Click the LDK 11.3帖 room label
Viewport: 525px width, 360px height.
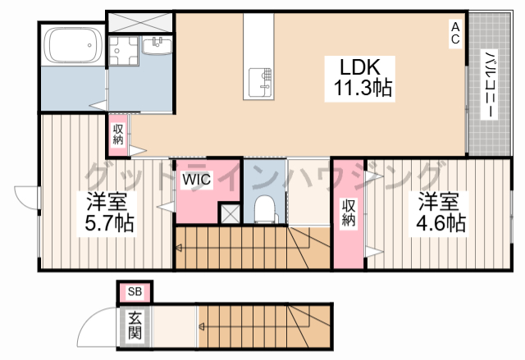pos(360,78)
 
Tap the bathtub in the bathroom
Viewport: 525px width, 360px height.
pos(74,45)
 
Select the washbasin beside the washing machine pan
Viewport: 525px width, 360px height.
pos(157,45)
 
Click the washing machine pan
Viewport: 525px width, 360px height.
pos(123,51)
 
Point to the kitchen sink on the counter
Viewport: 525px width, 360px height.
pos(260,82)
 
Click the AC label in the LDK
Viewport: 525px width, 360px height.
pos(455,33)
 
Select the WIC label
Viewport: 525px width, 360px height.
pos(197,180)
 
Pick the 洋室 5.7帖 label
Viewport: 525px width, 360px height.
pos(108,212)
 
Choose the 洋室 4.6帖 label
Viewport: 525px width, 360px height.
pos(440,212)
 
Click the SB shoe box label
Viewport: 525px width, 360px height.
pos(135,292)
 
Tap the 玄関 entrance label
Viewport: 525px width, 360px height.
pos(135,326)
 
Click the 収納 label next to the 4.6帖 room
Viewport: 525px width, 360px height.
pos(348,212)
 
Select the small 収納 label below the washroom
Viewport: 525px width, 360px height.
pos(118,134)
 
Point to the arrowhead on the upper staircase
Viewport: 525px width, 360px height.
pos(179,248)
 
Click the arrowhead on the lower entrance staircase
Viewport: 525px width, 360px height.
pos(201,326)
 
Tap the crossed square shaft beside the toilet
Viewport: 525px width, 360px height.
pos(230,213)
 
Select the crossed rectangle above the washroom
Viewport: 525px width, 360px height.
pos(139,22)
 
